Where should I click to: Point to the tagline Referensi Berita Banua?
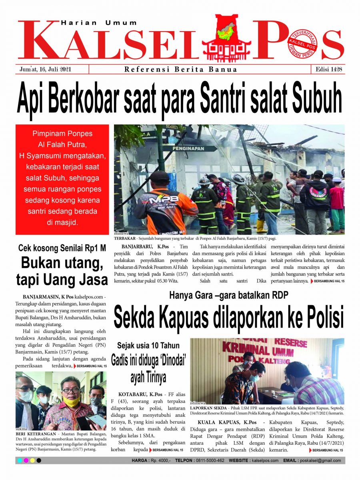tap(181, 69)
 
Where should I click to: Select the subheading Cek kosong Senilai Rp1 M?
tap(62, 248)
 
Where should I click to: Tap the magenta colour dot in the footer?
tap(26, 461)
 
